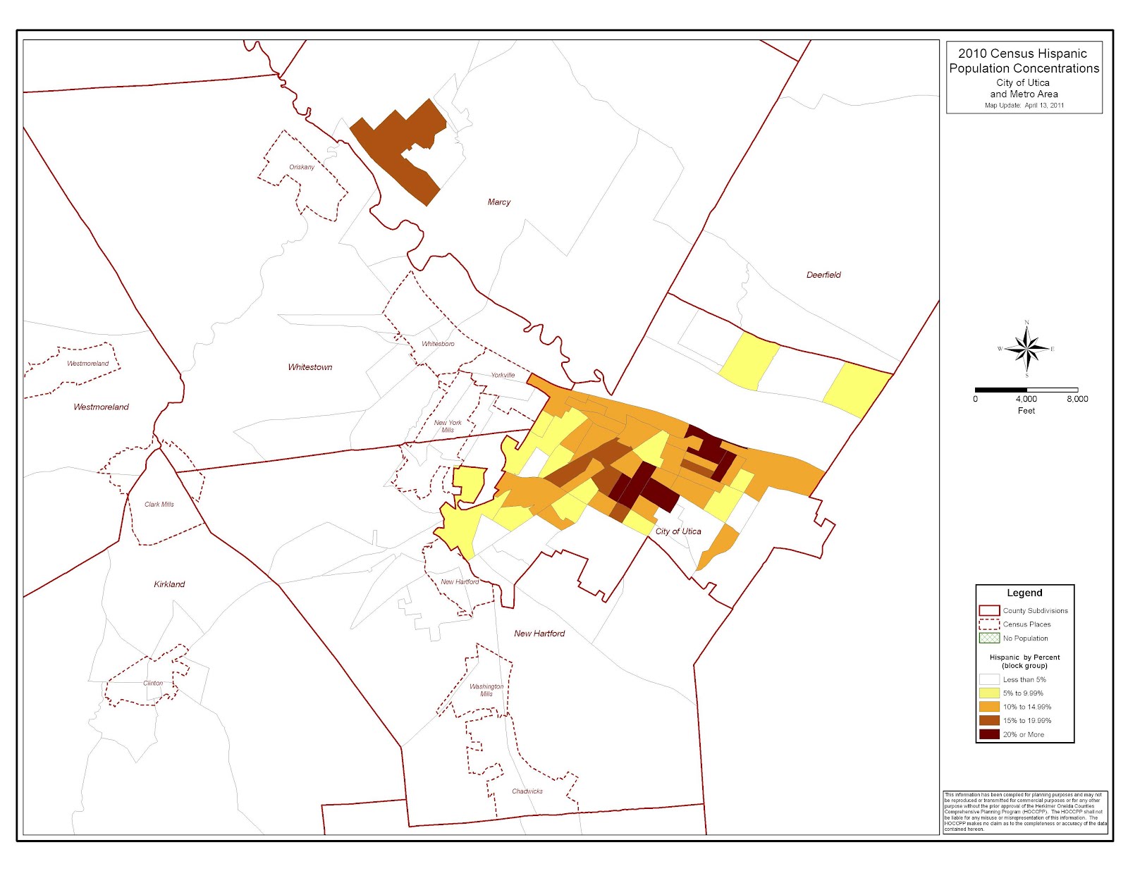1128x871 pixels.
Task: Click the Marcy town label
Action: (x=498, y=202)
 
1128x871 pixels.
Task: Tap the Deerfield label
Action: (x=823, y=275)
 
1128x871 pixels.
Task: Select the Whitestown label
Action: (x=309, y=367)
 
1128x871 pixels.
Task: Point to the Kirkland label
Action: (x=169, y=584)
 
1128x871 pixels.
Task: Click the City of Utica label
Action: (x=678, y=531)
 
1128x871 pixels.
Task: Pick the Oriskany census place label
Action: (x=302, y=167)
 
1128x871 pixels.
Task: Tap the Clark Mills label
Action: (x=159, y=505)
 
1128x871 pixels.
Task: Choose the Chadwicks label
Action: (x=527, y=791)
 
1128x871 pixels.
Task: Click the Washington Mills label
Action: (x=486, y=690)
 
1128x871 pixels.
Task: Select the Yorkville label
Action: (x=503, y=375)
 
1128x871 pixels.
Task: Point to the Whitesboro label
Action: (x=438, y=344)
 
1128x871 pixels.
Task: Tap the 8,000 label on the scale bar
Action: (x=1077, y=399)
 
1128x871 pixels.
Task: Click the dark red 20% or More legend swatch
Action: (x=989, y=734)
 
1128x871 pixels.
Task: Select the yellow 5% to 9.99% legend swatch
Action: (x=989, y=693)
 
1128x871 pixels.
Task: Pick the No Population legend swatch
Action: (x=989, y=638)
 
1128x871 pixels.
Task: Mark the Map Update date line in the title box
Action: (x=1024, y=106)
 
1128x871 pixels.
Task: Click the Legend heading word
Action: (x=1024, y=593)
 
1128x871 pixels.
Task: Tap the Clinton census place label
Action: (x=153, y=684)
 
